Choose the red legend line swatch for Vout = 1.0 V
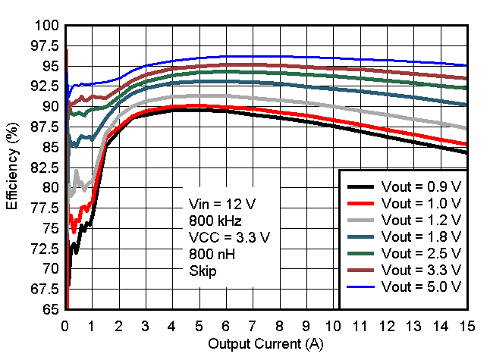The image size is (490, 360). click(x=362, y=204)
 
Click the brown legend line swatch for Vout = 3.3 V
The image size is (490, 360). click(x=362, y=271)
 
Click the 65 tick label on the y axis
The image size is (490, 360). click(x=52, y=309)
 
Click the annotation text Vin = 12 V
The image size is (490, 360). click(x=221, y=204)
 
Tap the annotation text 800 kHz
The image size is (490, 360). click(x=213, y=221)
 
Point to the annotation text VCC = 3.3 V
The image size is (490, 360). click(x=229, y=237)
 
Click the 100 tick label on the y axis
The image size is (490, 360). click(x=47, y=26)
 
